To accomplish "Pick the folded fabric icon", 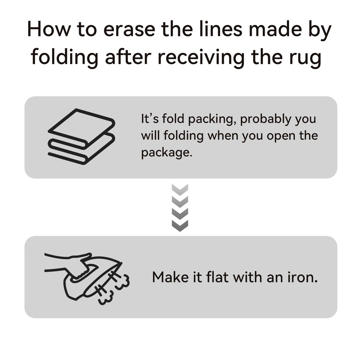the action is (81, 136).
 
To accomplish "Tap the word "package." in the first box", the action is (166, 153).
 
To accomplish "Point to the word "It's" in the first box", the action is (150, 119).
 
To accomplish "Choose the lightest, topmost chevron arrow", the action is (180, 190).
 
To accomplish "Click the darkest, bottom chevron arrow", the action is (180, 226).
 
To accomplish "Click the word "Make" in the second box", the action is (170, 277).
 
